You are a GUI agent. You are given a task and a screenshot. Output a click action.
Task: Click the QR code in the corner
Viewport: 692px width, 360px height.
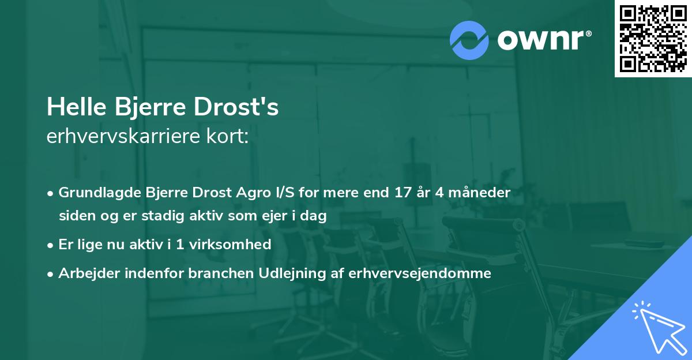653,39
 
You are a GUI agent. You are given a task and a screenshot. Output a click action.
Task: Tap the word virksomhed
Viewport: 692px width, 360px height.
235,245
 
